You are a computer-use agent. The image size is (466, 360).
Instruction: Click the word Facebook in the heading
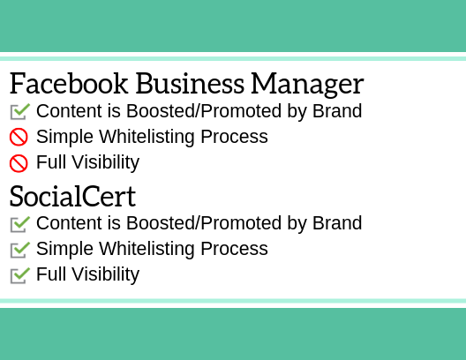point(69,84)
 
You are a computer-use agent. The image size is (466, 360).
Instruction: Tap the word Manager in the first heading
point(307,86)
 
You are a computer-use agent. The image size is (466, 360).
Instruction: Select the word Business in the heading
point(190,84)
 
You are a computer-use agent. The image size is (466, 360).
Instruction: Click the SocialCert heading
point(72,196)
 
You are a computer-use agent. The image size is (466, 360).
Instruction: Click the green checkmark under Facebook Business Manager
point(20,111)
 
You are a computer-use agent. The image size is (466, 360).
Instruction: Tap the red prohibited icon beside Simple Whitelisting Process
point(19,138)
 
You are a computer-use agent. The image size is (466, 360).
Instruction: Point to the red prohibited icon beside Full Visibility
point(19,163)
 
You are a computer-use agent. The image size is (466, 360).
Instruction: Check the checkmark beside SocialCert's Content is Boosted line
point(20,224)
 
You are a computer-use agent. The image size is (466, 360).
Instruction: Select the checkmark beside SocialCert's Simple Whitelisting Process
point(20,250)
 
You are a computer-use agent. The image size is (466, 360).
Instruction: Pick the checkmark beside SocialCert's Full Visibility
point(20,275)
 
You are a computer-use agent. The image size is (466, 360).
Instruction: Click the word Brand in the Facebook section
point(337,111)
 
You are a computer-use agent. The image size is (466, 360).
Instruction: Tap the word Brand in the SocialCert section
point(337,223)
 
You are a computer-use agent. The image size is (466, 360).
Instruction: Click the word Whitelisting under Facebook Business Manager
point(147,138)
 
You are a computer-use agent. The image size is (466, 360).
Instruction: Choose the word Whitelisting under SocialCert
point(147,249)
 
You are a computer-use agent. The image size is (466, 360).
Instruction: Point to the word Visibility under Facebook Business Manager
point(106,162)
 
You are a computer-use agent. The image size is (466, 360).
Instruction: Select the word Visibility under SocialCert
point(106,274)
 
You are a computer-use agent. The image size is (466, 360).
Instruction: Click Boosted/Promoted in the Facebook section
point(204,111)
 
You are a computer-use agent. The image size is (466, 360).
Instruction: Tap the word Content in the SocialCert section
point(69,223)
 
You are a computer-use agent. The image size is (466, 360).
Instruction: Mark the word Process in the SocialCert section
point(235,249)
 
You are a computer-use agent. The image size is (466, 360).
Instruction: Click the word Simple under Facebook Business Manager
point(64,138)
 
